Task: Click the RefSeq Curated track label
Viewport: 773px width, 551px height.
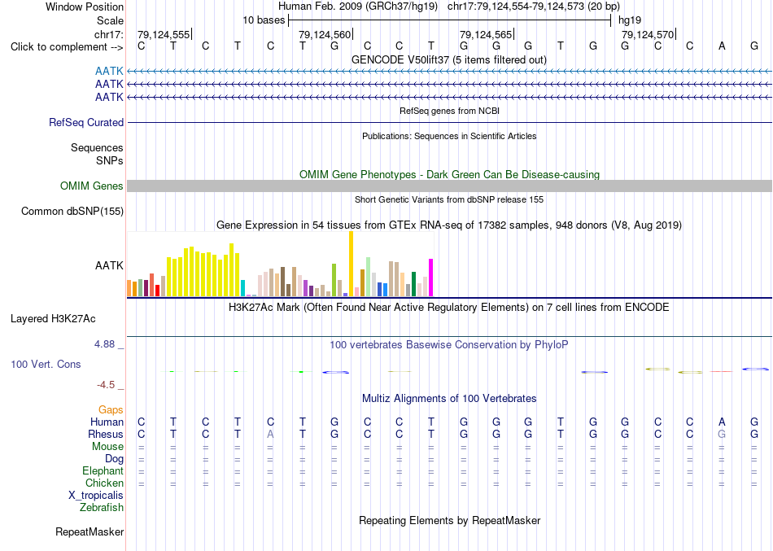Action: click(86, 122)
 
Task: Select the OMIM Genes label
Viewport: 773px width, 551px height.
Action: click(92, 186)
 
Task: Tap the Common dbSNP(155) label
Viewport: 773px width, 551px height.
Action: click(72, 211)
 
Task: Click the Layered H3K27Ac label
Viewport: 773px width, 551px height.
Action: click(53, 319)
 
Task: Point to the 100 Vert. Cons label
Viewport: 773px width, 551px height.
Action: click(46, 364)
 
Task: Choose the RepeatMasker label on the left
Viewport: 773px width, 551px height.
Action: click(90, 531)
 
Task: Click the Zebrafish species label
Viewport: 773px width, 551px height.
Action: click(102, 507)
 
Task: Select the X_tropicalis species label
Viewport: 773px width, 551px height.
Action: click(96, 496)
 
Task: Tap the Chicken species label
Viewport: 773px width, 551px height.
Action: click(104, 483)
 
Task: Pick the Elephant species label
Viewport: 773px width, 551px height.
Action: click(103, 471)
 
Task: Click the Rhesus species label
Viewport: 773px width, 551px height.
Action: click(106, 434)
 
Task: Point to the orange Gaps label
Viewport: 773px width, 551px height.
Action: click(111, 410)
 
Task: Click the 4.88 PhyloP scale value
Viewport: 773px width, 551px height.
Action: click(104, 343)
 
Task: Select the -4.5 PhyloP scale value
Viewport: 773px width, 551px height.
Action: click(106, 385)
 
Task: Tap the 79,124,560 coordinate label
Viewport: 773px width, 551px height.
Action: click(325, 34)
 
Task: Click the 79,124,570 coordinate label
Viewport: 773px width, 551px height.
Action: click(648, 34)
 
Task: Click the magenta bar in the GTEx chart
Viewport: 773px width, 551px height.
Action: click(431, 278)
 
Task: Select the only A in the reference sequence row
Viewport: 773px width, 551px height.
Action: click(722, 46)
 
